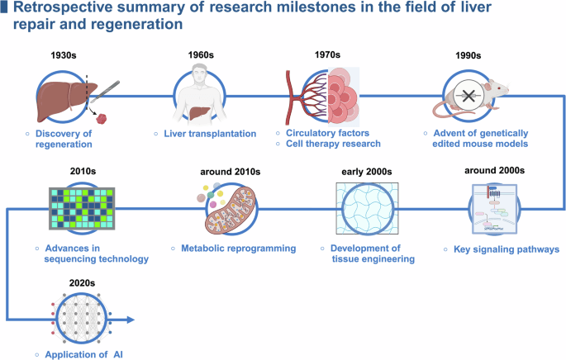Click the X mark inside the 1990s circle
468,96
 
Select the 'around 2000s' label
501,171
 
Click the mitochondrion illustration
233,212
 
